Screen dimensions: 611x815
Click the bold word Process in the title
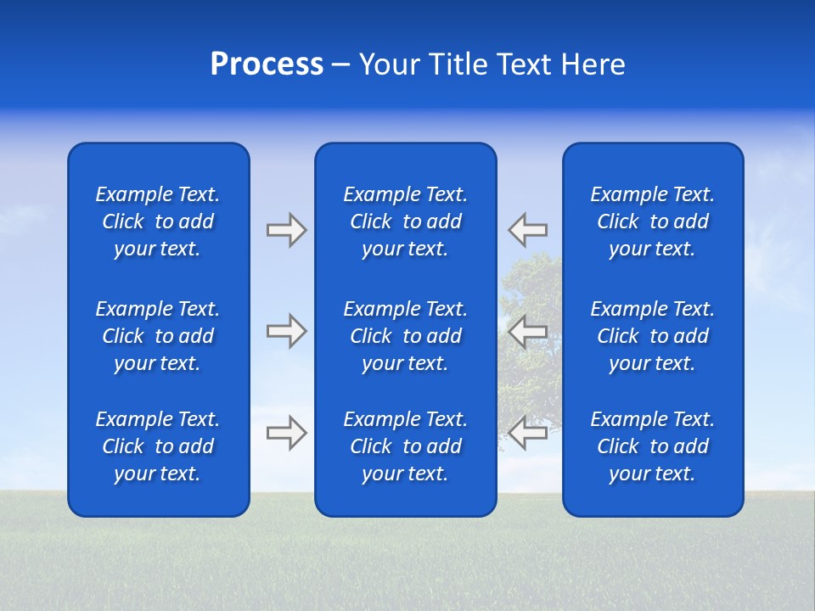267,64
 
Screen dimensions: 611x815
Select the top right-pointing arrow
286,230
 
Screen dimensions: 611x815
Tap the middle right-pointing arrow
286,331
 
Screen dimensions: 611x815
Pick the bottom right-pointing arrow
286,433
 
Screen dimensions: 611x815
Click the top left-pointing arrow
528,230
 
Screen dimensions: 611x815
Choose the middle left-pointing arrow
528,331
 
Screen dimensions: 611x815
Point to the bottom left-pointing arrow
528,433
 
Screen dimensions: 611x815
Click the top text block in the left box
158,221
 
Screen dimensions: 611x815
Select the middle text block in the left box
158,336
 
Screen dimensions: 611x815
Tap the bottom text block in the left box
158,446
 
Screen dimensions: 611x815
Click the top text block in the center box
405,221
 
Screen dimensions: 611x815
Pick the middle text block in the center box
405,336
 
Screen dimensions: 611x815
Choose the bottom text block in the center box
405,446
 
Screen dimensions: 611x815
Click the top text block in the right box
652,221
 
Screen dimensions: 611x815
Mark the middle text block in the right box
652,336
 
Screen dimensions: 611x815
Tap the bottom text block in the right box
652,446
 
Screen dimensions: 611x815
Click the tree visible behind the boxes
531,289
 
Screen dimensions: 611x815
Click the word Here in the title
593,64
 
